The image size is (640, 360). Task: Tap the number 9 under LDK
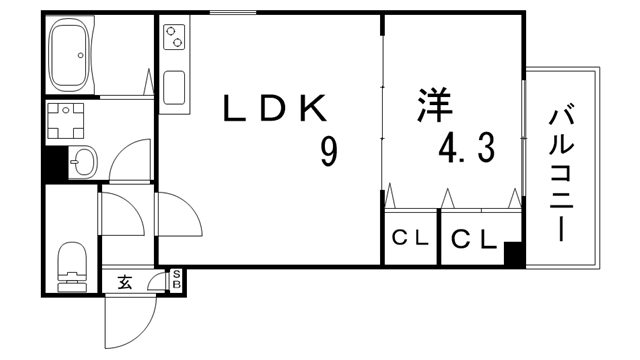point(328,151)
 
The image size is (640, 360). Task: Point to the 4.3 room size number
point(466,149)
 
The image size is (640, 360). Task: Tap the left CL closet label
point(409,238)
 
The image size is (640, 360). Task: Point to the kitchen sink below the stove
point(174,89)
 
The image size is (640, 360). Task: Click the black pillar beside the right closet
point(514,254)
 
